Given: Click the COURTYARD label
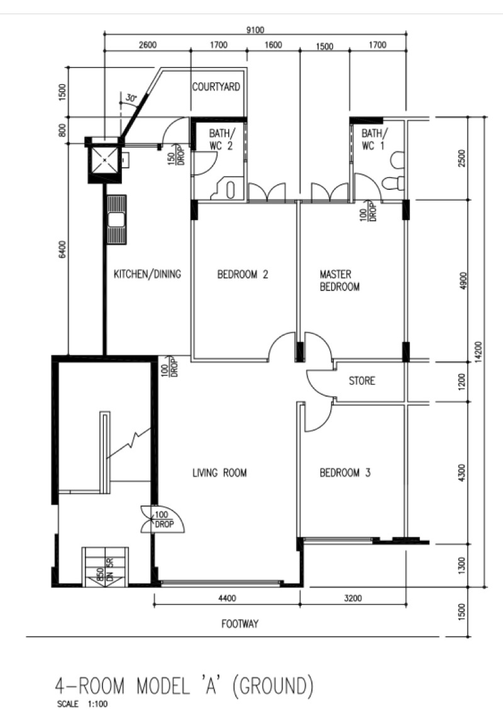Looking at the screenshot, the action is coord(216,87).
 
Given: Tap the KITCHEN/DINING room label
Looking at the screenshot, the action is coord(147,274).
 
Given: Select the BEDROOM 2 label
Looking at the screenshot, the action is coord(243,274).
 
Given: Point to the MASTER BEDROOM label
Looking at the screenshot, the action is coord(340,280).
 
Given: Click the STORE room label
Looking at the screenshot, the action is coord(362,381).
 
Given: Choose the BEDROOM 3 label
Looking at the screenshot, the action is coord(345,473).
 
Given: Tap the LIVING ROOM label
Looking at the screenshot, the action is coord(219,473).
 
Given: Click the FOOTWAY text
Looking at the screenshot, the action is coord(240,624).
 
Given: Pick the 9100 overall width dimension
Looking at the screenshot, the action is coord(255,30).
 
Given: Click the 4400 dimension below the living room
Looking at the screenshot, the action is coord(226,598).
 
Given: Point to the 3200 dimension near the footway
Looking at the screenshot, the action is coord(353,598).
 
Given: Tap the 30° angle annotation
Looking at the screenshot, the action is coord(131,98).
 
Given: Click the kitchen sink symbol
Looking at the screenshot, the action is coord(116,219).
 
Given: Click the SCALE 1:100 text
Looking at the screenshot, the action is coord(82,704).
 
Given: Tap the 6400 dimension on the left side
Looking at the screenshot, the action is coord(64,250).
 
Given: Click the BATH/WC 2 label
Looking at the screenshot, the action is coord(221,140).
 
